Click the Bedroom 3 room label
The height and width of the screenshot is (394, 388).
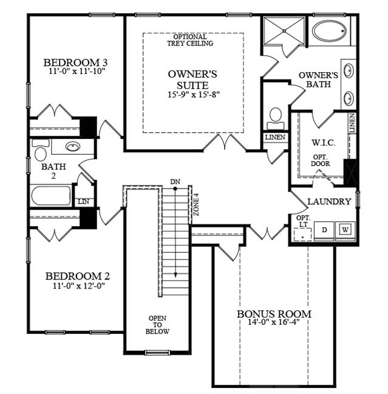pyautogui.click(x=75, y=62)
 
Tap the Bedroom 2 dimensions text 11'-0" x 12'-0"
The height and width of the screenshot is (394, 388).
pyautogui.click(x=79, y=285)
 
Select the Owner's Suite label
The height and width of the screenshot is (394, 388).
pyautogui.click(x=192, y=79)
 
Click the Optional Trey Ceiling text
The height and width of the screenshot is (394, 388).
pyautogui.click(x=190, y=40)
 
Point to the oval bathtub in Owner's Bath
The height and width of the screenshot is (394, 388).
pyautogui.click(x=329, y=31)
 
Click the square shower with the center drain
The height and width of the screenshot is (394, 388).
pyautogui.click(x=284, y=31)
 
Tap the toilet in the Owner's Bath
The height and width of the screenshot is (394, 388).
pyautogui.click(x=276, y=119)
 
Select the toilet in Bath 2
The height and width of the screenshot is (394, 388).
pyautogui.click(x=40, y=150)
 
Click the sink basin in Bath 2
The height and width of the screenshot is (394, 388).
pyautogui.click(x=73, y=146)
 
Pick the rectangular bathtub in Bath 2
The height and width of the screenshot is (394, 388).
pyautogui.click(x=51, y=196)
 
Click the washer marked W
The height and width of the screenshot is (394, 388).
pyautogui.click(x=345, y=230)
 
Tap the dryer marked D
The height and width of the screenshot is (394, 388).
pyautogui.click(x=324, y=230)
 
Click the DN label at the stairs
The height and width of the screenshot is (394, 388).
pyautogui.click(x=175, y=181)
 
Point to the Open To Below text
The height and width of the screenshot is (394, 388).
pyautogui.click(x=157, y=325)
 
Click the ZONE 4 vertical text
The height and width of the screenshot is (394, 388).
pyautogui.click(x=196, y=204)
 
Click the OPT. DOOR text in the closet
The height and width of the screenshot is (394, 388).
pyautogui.click(x=320, y=161)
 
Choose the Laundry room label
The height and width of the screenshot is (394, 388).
pyautogui.click(x=329, y=201)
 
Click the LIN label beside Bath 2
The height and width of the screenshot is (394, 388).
pyautogui.click(x=83, y=201)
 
